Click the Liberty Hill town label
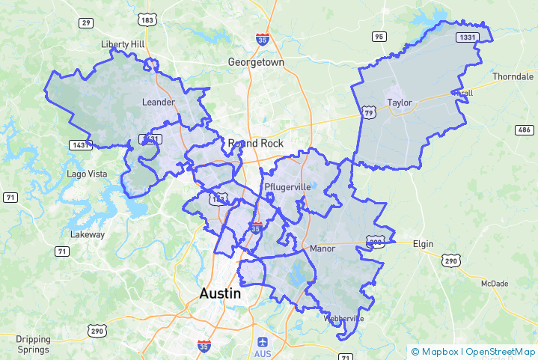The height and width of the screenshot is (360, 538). (123, 44)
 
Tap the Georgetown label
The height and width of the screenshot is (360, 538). (256, 63)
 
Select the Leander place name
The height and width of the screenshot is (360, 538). (158, 102)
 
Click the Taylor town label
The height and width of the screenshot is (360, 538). (400, 103)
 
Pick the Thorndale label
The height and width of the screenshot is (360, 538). (513, 77)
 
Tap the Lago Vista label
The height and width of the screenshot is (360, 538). (87, 174)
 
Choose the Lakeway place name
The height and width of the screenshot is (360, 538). (88, 234)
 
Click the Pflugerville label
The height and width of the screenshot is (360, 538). (287, 186)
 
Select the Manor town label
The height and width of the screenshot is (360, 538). (323, 248)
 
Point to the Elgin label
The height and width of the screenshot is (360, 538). (423, 244)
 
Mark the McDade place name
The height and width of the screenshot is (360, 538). (494, 284)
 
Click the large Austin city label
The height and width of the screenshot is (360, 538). (220, 293)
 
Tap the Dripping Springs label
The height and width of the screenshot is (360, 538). (33, 344)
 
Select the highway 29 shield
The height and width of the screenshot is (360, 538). (86, 23)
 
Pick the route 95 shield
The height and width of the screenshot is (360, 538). (379, 37)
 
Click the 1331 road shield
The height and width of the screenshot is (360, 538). (467, 37)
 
